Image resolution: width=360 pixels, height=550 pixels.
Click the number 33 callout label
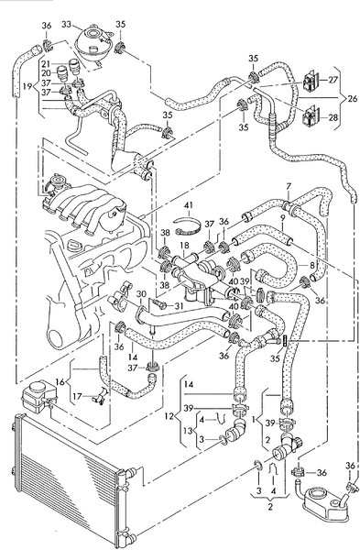67,24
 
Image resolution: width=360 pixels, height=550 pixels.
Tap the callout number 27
333,80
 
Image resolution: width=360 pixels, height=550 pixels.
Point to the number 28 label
333,117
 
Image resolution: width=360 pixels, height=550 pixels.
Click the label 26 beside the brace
352,98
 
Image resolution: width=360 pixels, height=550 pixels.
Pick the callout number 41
189,205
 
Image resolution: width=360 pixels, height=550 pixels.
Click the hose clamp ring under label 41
188,226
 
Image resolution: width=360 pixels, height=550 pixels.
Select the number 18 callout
185,245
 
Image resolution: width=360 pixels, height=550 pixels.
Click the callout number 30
141,294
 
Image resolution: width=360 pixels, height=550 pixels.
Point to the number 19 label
27,86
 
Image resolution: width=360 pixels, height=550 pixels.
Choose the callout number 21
46,64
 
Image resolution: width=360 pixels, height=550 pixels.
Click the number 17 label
78,396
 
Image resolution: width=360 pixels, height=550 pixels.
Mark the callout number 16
60,381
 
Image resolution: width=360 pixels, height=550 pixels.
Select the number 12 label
169,416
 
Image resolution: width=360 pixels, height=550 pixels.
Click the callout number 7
289,186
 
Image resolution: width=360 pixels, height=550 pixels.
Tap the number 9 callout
283,217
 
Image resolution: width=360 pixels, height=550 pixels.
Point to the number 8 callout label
312,265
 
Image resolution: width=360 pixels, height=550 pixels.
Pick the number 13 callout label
189,430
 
